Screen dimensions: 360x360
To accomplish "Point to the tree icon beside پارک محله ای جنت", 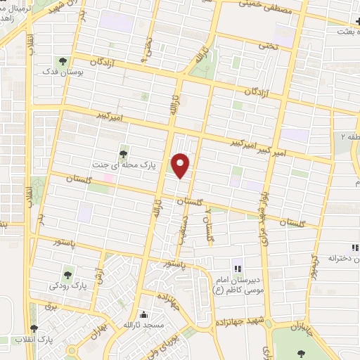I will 124,151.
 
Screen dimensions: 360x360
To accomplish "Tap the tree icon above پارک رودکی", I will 68,274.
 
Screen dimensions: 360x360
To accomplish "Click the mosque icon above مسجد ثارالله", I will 145,314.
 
